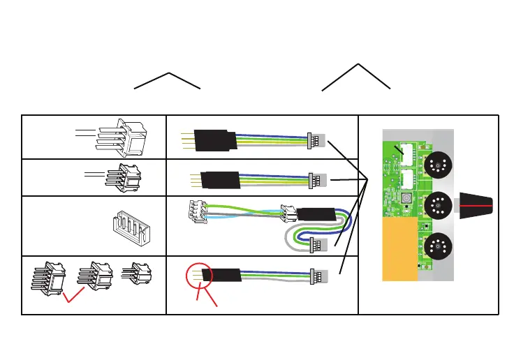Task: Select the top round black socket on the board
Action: pyautogui.click(x=436, y=165)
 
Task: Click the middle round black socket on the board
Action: pyautogui.click(x=436, y=206)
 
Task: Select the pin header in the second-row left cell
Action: pyautogui.click(x=119, y=175)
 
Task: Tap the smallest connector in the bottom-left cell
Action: pyautogui.click(x=136, y=273)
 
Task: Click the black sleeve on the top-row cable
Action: pyautogui.click(x=212, y=140)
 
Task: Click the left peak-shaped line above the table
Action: pyautogui.click(x=168, y=80)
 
